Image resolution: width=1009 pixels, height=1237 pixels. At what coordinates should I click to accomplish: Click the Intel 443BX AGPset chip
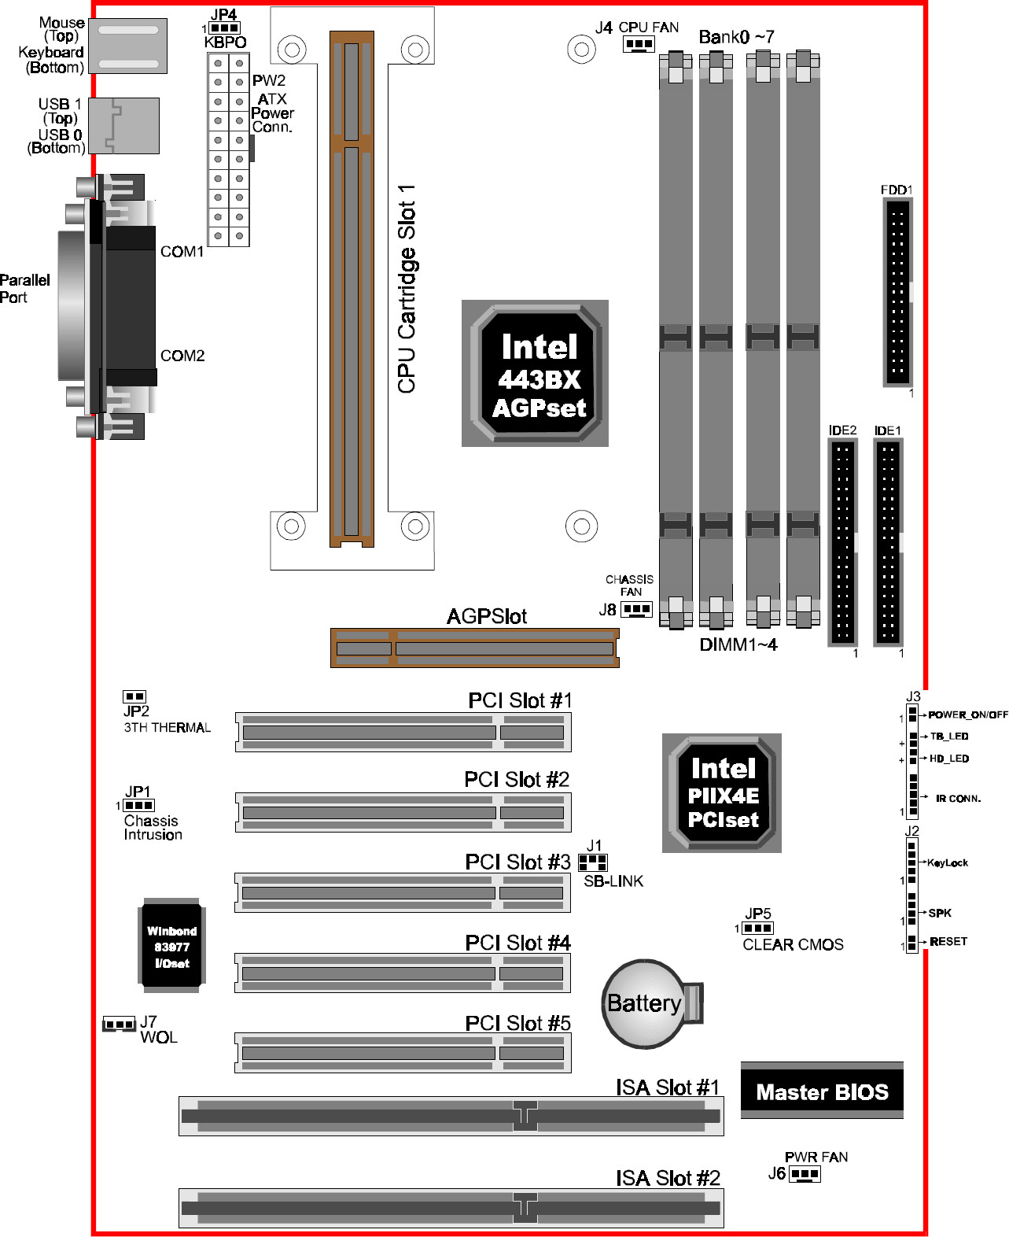click(535, 373)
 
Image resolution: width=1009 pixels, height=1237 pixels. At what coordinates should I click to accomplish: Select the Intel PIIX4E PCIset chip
click(722, 792)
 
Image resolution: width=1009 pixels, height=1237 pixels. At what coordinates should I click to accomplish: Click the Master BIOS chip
click(822, 1091)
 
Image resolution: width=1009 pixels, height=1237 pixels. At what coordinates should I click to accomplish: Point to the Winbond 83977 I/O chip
click(171, 946)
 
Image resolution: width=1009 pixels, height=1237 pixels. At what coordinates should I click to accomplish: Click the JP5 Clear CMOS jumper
click(757, 928)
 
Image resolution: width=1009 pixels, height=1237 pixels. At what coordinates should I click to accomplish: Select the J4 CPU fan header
click(639, 45)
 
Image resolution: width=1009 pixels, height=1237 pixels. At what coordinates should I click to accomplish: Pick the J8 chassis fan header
click(637, 609)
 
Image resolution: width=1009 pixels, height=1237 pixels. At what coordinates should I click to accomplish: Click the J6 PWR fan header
click(805, 1173)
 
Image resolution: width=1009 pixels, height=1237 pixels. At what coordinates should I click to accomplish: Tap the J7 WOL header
click(119, 1024)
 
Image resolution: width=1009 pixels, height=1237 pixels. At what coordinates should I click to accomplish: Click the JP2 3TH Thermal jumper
click(134, 696)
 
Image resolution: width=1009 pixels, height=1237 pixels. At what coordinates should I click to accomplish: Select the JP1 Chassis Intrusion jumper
click(139, 805)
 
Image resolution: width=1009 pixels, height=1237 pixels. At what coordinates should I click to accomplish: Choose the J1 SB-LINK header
click(593, 862)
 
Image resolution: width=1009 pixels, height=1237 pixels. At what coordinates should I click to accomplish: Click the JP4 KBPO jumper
click(225, 28)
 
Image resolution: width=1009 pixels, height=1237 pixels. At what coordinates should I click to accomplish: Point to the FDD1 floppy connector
click(897, 292)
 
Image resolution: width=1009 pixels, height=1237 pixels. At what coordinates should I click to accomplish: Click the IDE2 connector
click(842, 542)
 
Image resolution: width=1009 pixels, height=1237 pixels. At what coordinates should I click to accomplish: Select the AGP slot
click(475, 648)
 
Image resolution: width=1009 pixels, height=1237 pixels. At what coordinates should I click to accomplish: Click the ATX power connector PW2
click(229, 150)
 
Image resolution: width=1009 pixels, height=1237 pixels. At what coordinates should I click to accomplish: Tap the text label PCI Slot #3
click(517, 862)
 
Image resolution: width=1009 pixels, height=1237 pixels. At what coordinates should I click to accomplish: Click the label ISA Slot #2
click(668, 1178)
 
